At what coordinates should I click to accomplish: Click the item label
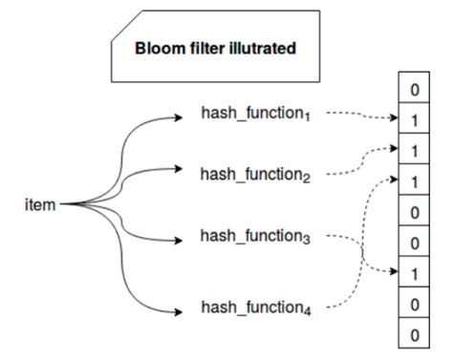coord(41,203)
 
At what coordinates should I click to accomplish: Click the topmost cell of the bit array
coord(413,91)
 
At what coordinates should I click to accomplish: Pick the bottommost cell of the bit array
coord(413,336)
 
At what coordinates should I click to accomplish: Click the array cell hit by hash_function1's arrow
coord(413,121)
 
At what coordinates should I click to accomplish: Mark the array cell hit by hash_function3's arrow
coord(413,274)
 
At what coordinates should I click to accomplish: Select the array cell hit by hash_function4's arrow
coord(413,181)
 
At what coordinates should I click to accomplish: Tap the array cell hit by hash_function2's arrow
coord(413,151)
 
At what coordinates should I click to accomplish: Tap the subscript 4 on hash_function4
coord(305,312)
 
